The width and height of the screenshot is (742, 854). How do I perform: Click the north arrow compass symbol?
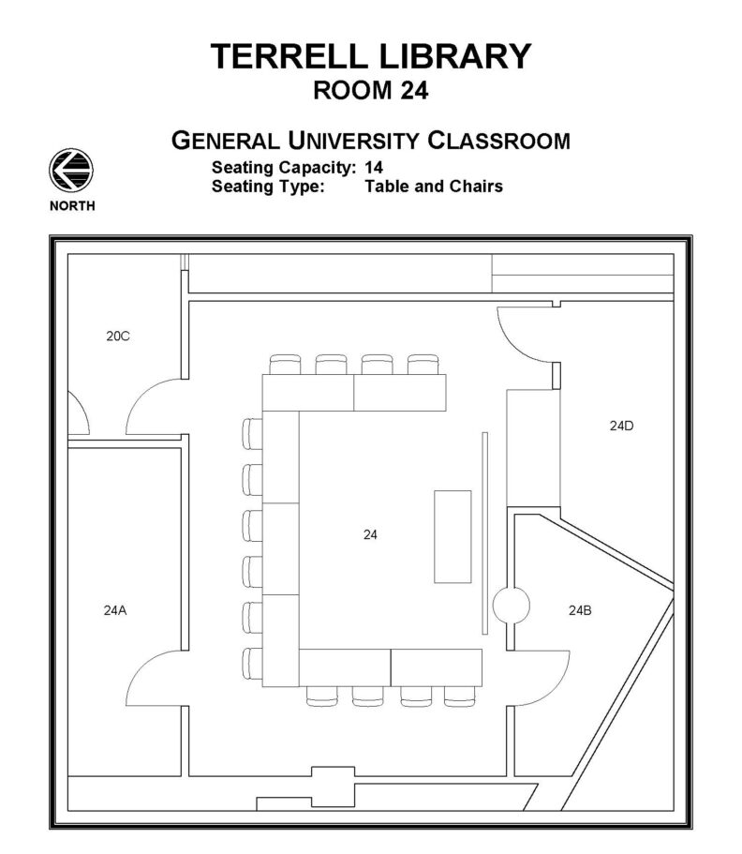coord(71,172)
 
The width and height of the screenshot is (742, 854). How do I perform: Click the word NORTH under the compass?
coord(71,205)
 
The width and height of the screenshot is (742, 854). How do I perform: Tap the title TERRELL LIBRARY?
coord(371,56)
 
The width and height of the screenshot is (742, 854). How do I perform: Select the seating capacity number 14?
coord(374,168)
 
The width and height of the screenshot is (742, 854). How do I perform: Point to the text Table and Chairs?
coord(434,187)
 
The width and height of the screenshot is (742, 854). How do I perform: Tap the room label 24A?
coord(115,610)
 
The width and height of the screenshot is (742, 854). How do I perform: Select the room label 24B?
coord(580,610)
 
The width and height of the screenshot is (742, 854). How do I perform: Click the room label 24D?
coord(621,426)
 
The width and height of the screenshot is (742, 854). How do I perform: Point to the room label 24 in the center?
coord(370,535)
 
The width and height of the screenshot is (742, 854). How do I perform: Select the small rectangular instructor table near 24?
coord(453,536)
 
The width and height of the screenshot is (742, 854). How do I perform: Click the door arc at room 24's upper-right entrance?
coord(521,337)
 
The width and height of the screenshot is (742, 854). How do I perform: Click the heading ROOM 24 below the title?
coord(371,91)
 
